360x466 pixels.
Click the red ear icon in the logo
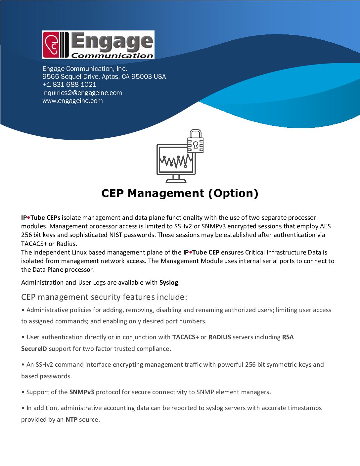pos(52,45)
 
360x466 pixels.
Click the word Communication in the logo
pos(112,56)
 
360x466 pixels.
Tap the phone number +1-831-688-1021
pos(69,84)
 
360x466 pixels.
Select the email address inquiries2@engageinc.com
pos(82,93)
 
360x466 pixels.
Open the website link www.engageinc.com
pos(72,101)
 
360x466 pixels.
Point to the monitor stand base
pos(176,181)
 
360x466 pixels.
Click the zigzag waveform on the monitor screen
pos(175,161)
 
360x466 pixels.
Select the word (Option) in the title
pos(233,193)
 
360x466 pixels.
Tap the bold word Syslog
pos(169,282)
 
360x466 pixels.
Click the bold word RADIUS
pos(219,337)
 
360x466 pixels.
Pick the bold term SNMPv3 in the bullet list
pos(82,392)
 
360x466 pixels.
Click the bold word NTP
pos(71,419)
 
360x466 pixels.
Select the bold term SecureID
pos(34,349)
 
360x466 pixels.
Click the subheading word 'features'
pos(139,297)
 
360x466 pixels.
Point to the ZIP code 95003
pos(142,76)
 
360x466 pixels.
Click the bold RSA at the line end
pos(288,337)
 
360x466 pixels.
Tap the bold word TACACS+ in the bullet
pos(185,337)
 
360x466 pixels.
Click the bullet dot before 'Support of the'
pos(23,392)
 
